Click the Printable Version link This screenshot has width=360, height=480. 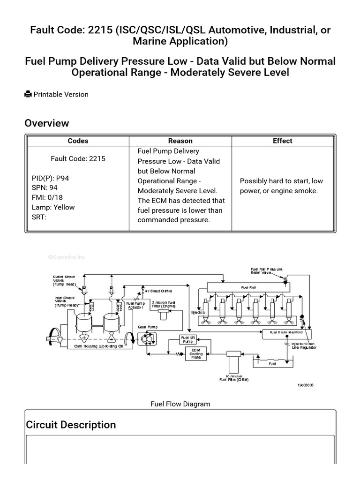coord(60,94)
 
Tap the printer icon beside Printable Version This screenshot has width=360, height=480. coord(28,94)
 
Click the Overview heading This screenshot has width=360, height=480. coord(46,123)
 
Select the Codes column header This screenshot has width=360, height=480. coord(78,141)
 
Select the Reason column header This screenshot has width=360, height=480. coord(180,141)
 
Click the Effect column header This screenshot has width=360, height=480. coord(282,141)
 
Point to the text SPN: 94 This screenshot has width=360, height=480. coord(45,188)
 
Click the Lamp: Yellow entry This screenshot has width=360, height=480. coord(53,207)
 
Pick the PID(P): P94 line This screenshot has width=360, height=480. coord(50,178)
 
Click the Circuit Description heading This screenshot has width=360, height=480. coord(71,425)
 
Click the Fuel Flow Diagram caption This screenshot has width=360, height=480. coord(180,404)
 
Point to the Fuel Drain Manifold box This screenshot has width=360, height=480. coord(285,332)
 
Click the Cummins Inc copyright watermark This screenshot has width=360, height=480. coord(67,257)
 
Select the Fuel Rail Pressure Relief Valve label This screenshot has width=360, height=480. coord(266,270)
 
